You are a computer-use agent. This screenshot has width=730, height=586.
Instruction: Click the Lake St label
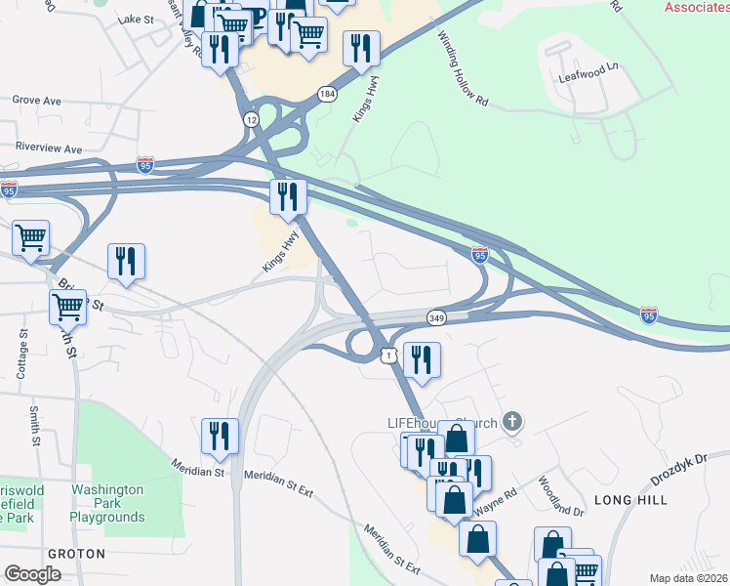(136, 19)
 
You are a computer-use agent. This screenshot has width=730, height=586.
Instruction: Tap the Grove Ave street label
(37, 100)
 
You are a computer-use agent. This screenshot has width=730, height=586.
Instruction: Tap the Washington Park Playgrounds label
(107, 503)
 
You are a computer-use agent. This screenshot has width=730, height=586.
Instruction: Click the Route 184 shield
(326, 94)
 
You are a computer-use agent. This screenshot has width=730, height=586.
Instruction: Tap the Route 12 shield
(252, 119)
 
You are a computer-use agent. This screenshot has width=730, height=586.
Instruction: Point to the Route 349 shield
(436, 317)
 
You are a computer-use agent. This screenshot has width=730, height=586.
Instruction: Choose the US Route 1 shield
(388, 356)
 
